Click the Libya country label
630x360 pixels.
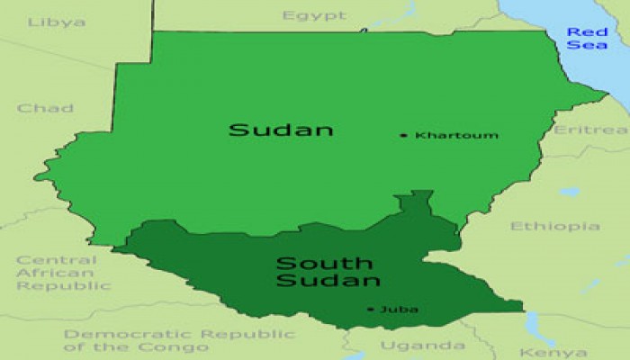pyautogui.click(x=57, y=22)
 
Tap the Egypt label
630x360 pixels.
pyautogui.click(x=314, y=15)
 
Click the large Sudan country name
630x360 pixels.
pyautogui.click(x=281, y=130)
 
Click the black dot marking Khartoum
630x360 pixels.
pyautogui.click(x=403, y=136)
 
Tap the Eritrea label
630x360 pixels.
pyautogui.click(x=590, y=130)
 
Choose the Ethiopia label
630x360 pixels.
pyautogui.click(x=555, y=226)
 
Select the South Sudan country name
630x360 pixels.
pyautogui.click(x=323, y=272)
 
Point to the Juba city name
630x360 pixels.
pyautogui.click(x=399, y=310)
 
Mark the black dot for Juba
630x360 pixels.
pyautogui.click(x=370, y=310)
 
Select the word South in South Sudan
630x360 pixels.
pyautogui.click(x=310, y=263)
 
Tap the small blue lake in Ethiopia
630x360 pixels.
pyautogui.click(x=569, y=192)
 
